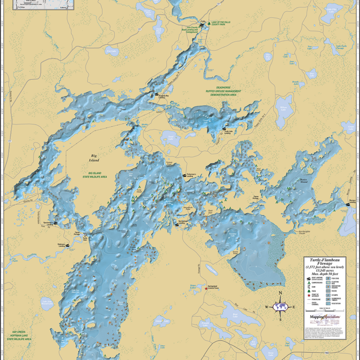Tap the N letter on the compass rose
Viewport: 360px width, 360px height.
(x=280, y=294)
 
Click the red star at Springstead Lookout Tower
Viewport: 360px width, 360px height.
(x=206, y=288)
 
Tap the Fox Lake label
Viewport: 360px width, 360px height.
(x=111, y=50)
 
